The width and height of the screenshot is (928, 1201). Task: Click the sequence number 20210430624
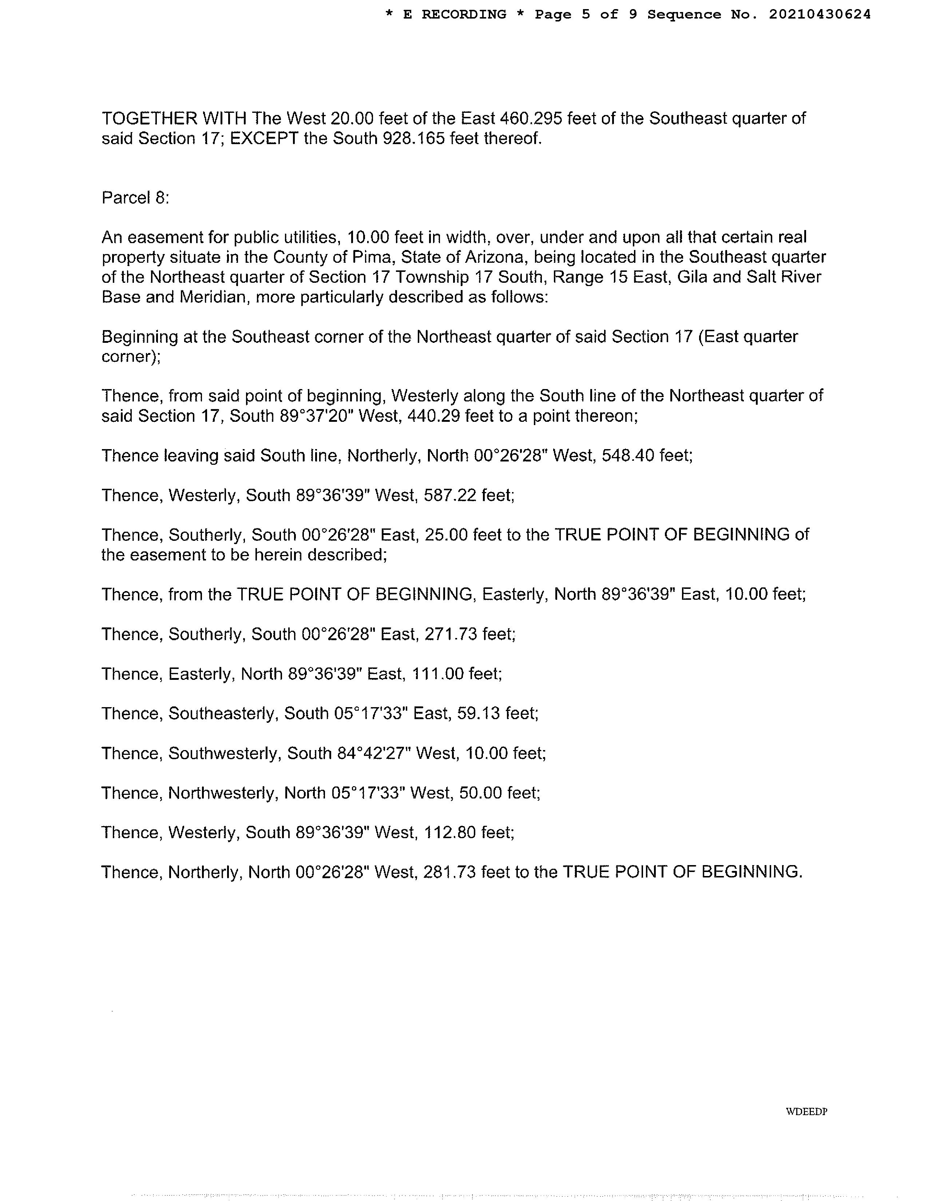(819, 15)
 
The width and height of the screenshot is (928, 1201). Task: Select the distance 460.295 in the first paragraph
(531, 118)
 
